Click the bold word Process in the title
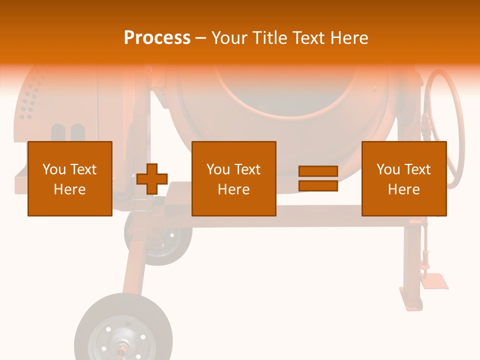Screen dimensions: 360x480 pos(157,38)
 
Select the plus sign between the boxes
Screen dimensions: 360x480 pos(152,179)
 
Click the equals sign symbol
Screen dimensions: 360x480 pos(318,178)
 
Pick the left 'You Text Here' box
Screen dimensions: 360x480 pos(70,178)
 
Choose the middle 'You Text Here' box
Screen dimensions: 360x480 pos(234,178)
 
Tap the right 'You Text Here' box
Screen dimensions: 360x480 pos(404,178)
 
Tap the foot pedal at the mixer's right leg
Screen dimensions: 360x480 pos(434,281)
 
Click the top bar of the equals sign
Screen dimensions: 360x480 pos(318,171)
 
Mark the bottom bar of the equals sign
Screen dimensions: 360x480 pos(318,185)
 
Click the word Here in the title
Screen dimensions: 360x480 pos(348,38)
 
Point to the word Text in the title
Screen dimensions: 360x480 pos(308,38)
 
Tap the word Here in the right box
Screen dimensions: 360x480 pos(404,189)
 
